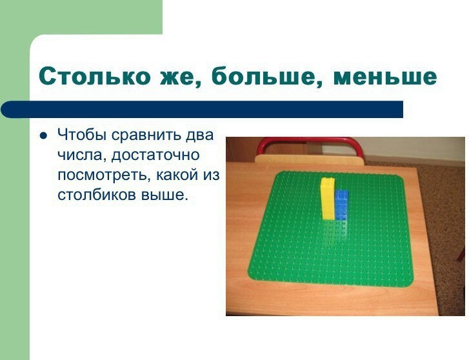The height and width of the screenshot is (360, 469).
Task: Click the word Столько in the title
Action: click(x=95, y=76)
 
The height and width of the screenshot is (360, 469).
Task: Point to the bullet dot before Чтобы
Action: click(x=44, y=135)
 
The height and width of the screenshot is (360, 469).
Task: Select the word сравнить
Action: click(x=146, y=135)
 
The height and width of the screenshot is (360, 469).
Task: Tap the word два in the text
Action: click(x=200, y=135)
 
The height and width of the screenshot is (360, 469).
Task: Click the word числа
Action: click(x=80, y=155)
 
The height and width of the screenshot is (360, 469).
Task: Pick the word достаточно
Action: click(x=155, y=156)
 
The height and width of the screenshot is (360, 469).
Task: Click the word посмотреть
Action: click(x=103, y=175)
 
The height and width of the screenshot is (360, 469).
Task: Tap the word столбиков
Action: click(x=97, y=195)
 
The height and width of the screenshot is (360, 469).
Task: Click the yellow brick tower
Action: click(x=328, y=199)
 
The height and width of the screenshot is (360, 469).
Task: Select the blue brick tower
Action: click(x=342, y=205)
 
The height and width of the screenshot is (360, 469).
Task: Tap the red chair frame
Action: click(x=310, y=143)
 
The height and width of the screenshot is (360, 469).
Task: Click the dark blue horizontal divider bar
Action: click(x=202, y=110)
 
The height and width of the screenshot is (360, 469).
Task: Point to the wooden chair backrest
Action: click(x=310, y=159)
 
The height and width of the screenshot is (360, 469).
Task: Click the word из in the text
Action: click(x=212, y=175)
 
